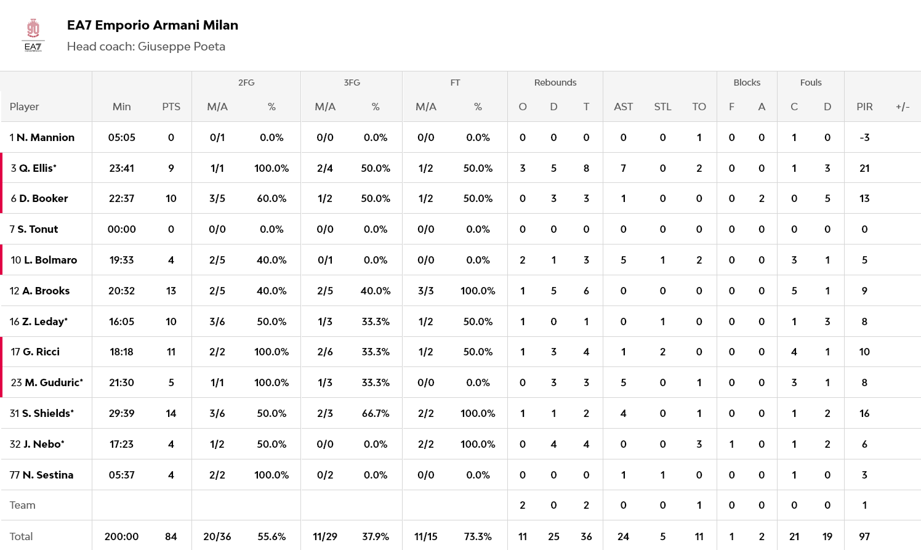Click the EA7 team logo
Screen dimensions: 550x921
coord(33,35)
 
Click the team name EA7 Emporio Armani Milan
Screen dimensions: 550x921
coord(152,25)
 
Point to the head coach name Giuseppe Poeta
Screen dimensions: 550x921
coord(181,47)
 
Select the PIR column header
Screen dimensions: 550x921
coord(864,107)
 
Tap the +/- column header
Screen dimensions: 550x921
coord(902,107)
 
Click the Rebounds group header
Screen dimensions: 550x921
coord(555,83)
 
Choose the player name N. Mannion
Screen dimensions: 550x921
coord(46,137)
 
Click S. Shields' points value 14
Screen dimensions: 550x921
coord(171,413)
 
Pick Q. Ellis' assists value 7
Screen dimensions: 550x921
coord(623,168)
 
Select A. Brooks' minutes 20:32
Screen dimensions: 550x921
coord(121,291)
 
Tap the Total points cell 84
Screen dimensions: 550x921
coord(171,536)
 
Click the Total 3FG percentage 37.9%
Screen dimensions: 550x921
coord(376,536)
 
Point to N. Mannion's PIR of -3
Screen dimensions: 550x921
coord(864,137)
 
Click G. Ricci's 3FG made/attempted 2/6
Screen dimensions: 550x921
coord(325,352)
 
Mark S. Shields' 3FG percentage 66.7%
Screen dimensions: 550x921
coord(376,413)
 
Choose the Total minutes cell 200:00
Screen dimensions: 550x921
coord(121,536)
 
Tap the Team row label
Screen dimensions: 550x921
coord(23,505)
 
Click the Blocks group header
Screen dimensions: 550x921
coord(747,83)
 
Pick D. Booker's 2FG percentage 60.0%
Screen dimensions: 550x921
coord(271,198)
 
